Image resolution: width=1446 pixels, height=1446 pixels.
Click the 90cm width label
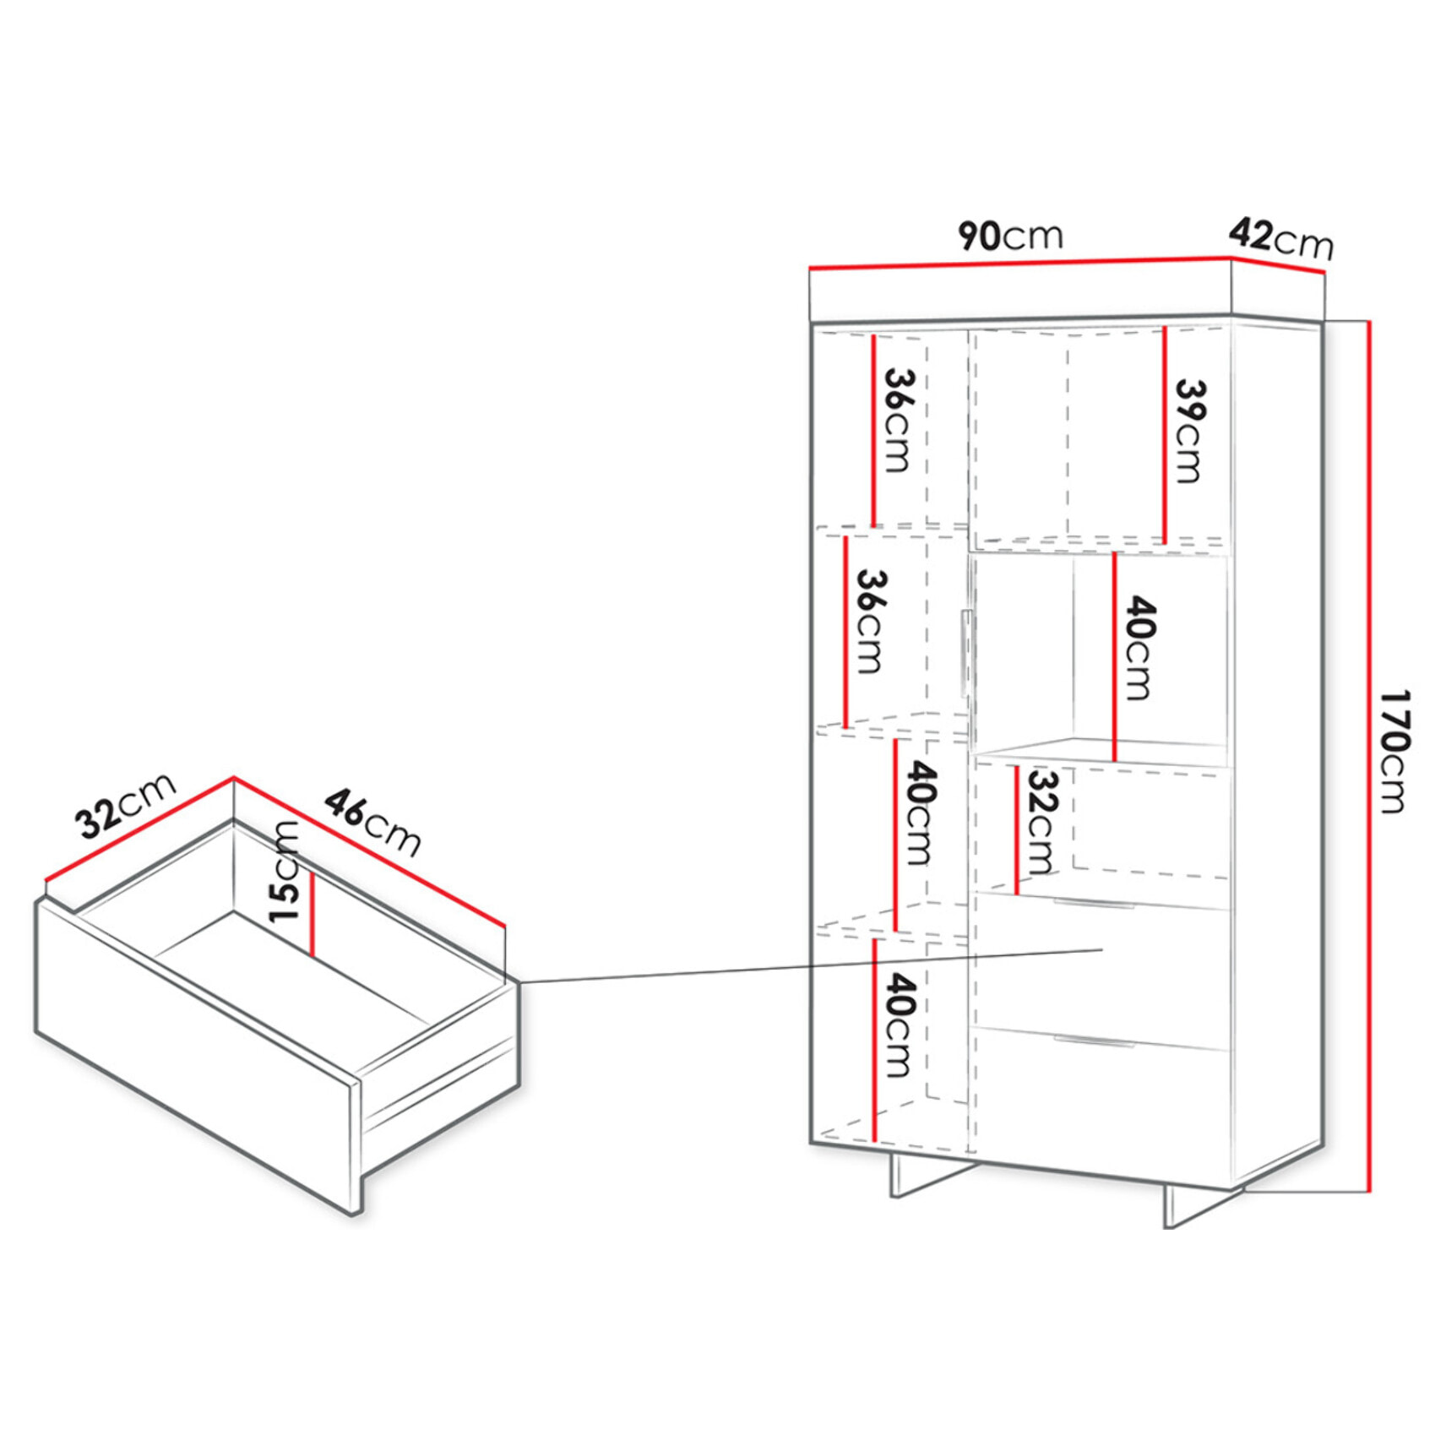click(x=1009, y=236)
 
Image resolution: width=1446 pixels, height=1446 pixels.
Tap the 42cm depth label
click(x=1280, y=238)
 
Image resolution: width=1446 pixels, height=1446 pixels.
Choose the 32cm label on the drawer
click(x=125, y=805)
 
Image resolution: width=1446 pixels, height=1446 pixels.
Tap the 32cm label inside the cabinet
click(x=1042, y=822)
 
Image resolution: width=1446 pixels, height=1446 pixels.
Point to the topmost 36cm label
click(x=897, y=420)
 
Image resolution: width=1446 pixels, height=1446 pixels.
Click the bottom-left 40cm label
click(x=900, y=1025)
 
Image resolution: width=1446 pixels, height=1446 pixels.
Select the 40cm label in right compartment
click(x=1139, y=648)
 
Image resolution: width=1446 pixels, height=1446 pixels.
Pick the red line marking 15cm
click(x=312, y=913)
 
